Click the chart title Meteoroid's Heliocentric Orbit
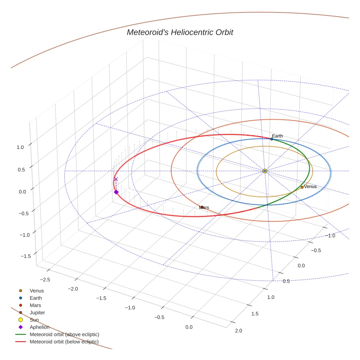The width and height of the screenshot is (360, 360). coord(180,33)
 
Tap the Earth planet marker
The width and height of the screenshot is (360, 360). coord(271,139)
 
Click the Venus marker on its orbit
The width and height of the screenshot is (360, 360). coord(302,187)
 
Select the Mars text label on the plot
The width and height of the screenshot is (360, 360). coord(204,207)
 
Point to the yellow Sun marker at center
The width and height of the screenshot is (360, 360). coord(265,171)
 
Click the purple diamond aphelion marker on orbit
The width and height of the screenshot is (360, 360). coord(116,192)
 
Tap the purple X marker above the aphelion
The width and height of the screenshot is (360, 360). coord(116,179)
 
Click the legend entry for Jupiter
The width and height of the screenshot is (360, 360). coord(37,312)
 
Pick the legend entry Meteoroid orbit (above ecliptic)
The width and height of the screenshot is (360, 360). coord(64,334)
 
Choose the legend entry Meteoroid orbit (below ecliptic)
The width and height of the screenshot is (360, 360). coord(64,342)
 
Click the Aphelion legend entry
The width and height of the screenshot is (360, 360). coord(39,327)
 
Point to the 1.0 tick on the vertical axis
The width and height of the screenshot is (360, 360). coord(20,147)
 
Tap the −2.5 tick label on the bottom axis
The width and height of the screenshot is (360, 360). coord(45,280)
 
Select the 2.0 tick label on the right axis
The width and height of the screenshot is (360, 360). coord(238,331)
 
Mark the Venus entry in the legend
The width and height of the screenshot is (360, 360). coord(37,290)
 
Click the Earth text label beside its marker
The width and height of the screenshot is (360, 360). coord(277,136)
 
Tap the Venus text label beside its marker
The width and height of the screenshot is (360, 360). coord(311,187)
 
